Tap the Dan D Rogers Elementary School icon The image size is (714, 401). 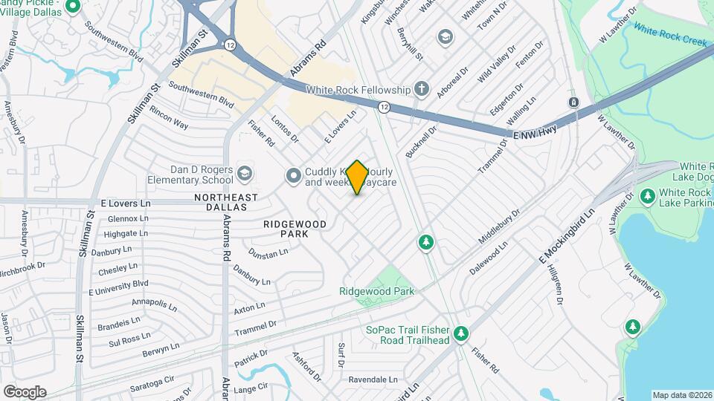pyautogui.click(x=244, y=175)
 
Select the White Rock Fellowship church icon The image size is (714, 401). pyautogui.click(x=422, y=90)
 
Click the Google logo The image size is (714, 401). pyautogui.click(x=25, y=391)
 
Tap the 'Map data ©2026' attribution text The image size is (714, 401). pyautogui.click(x=681, y=395)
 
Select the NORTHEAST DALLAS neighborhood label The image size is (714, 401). pyautogui.click(x=225, y=203)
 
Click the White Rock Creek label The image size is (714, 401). pyautogui.click(x=670, y=34)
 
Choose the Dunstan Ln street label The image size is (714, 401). pyautogui.click(x=269, y=254)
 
